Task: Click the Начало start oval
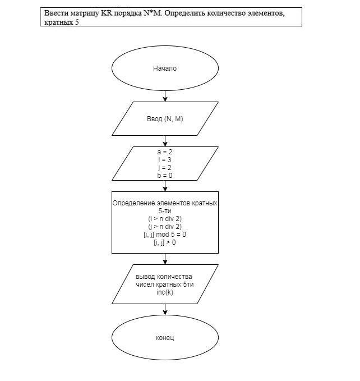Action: click(x=165, y=68)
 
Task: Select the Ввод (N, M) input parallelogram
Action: click(x=165, y=119)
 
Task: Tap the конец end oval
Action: click(x=165, y=338)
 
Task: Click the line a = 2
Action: click(x=165, y=152)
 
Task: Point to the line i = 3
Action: click(x=165, y=160)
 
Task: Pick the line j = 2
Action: click(x=165, y=168)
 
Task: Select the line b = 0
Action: click(x=165, y=176)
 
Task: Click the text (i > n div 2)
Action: click(x=165, y=218)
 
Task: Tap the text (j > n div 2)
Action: click(x=165, y=226)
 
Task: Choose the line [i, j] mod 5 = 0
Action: click(x=165, y=234)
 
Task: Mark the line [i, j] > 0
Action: click(x=165, y=242)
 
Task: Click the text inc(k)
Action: click(x=165, y=292)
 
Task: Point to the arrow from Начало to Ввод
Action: click(x=165, y=96)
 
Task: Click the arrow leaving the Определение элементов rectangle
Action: click(x=165, y=259)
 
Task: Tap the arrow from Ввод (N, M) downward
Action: click(x=165, y=141)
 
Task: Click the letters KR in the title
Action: click(x=107, y=13)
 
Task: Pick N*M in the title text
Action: click(x=151, y=13)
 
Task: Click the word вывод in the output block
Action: click(x=147, y=277)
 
